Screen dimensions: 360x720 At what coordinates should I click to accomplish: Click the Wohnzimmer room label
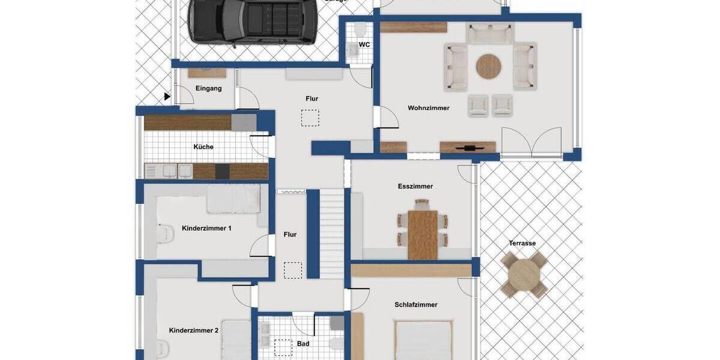428,108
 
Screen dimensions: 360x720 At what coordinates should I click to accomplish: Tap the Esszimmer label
415,186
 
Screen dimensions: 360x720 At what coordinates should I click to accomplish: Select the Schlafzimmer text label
416,305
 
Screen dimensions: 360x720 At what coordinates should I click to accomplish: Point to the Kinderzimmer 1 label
206,228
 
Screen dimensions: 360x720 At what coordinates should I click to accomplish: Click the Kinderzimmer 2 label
194,330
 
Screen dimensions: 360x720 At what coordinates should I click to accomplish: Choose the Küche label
203,146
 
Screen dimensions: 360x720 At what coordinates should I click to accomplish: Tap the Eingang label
209,88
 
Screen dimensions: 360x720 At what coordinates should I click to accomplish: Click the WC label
364,45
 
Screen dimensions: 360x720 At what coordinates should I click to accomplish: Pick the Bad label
303,344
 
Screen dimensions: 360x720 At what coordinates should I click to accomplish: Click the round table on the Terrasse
524,274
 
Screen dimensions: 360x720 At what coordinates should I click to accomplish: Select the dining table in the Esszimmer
423,233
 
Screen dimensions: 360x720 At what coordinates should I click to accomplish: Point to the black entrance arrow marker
167,96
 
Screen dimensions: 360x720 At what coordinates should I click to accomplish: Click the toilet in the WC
360,30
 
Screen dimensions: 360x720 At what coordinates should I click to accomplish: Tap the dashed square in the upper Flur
310,118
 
